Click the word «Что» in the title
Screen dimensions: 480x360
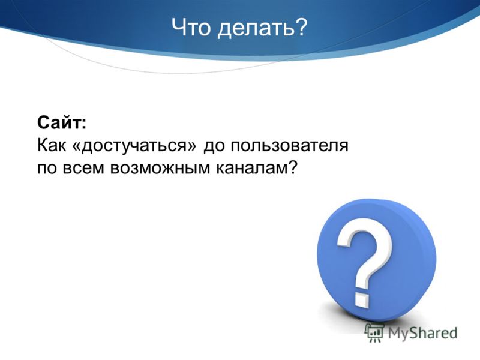point(191,27)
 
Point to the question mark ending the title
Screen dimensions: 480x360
point(298,27)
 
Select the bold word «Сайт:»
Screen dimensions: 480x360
point(62,122)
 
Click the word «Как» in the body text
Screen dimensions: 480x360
point(52,145)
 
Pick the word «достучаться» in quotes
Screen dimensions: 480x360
point(134,146)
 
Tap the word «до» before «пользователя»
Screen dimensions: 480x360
point(214,146)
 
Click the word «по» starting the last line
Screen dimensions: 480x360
point(47,168)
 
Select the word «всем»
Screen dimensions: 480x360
point(83,168)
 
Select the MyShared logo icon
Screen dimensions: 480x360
point(374,333)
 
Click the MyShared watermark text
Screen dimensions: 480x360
point(422,334)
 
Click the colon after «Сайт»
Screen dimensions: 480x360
point(83,124)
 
